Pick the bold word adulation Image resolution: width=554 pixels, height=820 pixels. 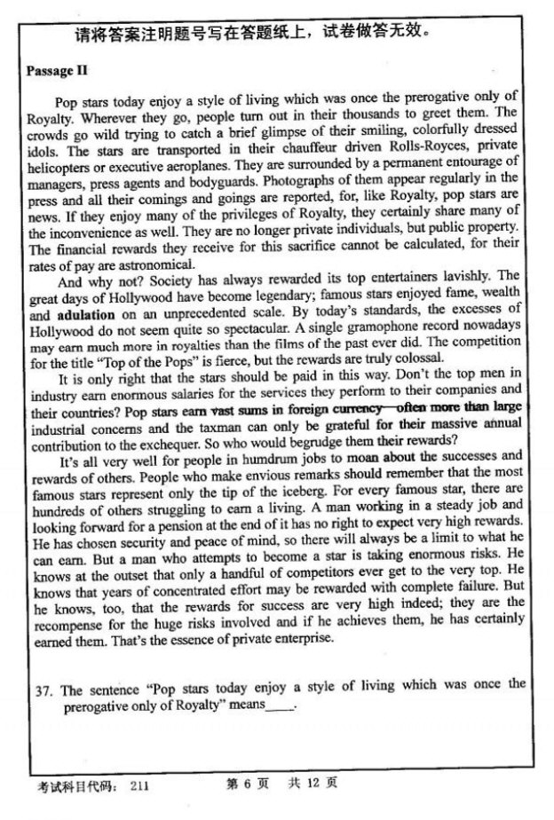coord(85,315)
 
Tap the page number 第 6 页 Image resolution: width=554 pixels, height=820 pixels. coord(242,785)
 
